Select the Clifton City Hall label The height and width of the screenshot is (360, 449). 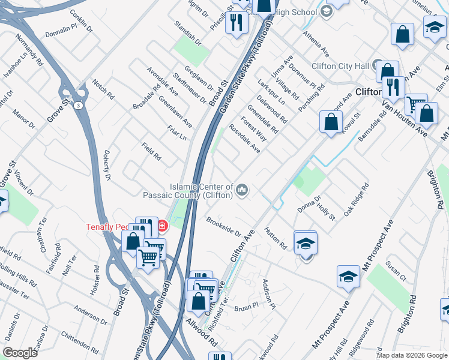tap(340, 66)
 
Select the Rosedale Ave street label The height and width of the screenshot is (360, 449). tap(244, 139)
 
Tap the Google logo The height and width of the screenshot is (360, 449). tap(20, 353)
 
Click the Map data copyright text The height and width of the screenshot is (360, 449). tap(411, 355)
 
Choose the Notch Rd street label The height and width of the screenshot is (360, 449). tap(103, 88)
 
